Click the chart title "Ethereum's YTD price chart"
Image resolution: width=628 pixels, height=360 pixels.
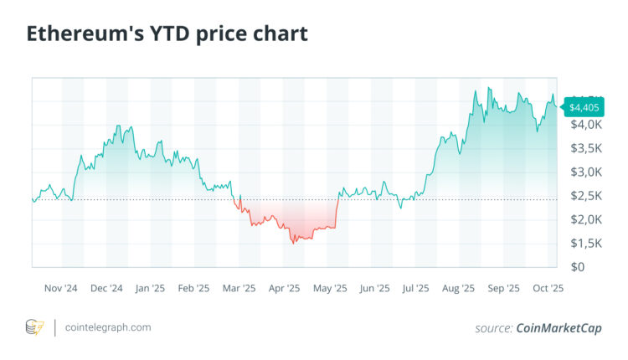[167, 34]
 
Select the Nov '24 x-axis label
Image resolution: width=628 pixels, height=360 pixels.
[62, 288]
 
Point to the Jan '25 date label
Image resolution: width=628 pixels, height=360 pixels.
[150, 288]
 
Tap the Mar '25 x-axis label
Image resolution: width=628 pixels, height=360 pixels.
[239, 288]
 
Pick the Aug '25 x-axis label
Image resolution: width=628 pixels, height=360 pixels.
[458, 288]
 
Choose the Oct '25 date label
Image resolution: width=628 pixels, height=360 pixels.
[548, 288]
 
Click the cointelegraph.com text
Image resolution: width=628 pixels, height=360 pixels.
[108, 327]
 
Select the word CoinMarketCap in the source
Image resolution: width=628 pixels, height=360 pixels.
[559, 328]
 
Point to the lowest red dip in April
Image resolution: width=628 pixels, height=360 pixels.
[294, 243]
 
